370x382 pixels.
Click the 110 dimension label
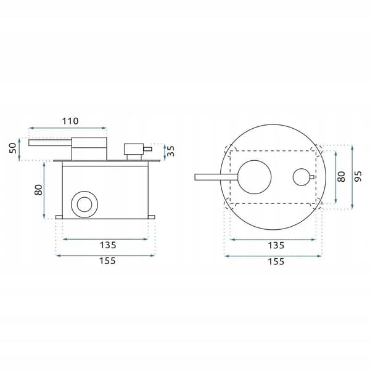(70, 121)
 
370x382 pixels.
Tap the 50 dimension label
(13, 148)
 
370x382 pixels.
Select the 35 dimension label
(171, 151)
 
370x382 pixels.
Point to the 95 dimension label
(358, 176)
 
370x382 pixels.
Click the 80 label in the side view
(38, 190)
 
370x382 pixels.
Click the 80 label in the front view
(342, 177)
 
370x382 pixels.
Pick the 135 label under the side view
(108, 245)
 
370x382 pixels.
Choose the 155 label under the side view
(107, 261)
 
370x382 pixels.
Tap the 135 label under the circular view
(276, 245)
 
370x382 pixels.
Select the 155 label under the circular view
(276, 261)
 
